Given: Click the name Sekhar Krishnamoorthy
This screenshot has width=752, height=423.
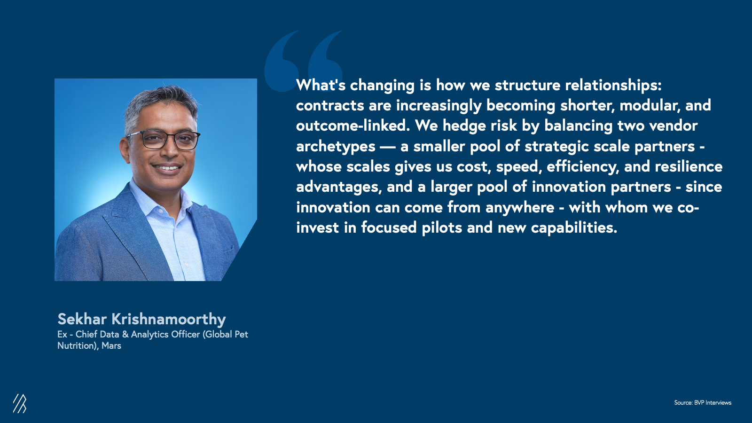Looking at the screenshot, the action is (x=141, y=319).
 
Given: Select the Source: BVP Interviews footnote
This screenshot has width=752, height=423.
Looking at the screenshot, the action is (x=703, y=402).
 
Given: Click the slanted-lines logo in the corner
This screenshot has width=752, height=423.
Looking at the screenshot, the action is (x=20, y=403).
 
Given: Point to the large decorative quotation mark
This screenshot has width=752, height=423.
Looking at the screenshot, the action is (x=303, y=61).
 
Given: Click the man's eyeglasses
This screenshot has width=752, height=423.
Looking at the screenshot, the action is (x=164, y=140).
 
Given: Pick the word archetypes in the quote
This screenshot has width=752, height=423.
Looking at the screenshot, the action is (x=336, y=147).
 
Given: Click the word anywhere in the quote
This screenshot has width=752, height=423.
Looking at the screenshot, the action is (x=520, y=208).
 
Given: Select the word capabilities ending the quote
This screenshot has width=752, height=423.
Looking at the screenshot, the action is (x=574, y=228).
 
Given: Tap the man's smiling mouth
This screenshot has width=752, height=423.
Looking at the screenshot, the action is (x=166, y=167).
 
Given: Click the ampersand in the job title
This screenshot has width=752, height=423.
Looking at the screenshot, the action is (x=125, y=335).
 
